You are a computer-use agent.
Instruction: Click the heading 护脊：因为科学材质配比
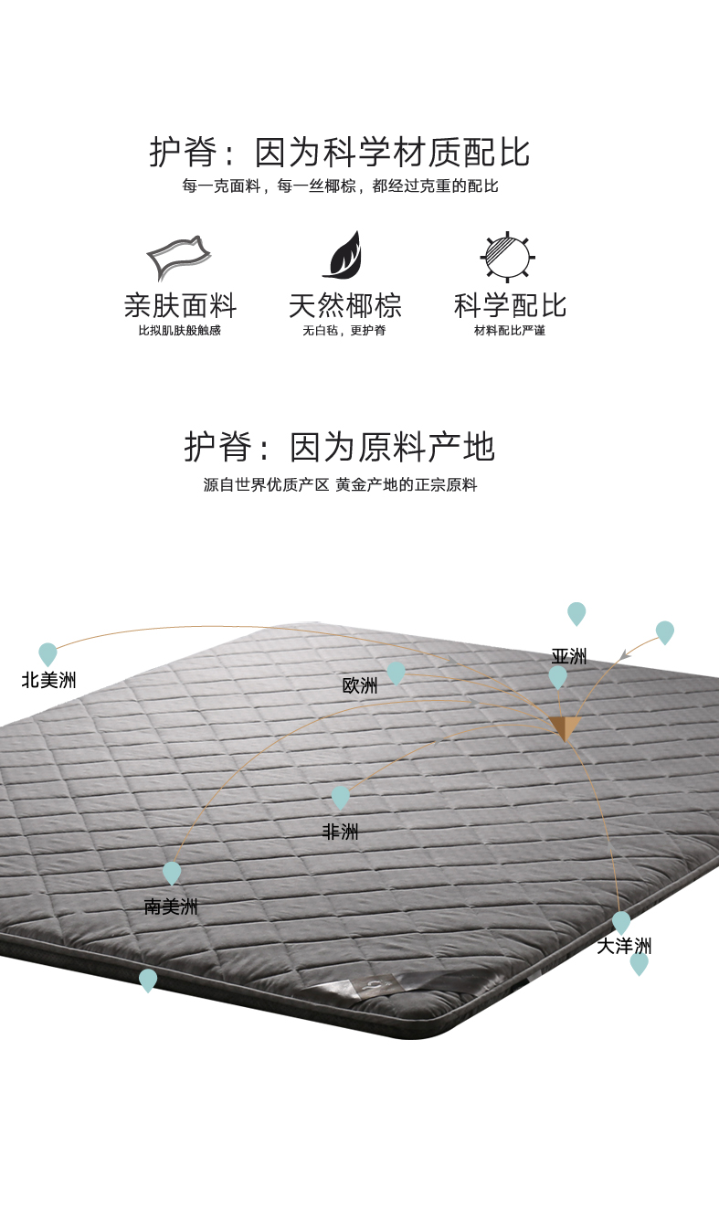pos(340,152)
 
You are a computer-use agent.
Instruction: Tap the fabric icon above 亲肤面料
pos(179,257)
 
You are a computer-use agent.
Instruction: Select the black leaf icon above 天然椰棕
pos(344,255)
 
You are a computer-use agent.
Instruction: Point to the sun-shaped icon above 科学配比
pos(508,256)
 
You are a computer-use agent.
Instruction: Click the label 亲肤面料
pos(180,305)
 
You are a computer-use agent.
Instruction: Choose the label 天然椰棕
pos(344,305)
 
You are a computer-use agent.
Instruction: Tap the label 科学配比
pos(510,305)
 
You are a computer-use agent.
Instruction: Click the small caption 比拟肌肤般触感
pos(180,330)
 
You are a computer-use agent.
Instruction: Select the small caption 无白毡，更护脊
pos(344,330)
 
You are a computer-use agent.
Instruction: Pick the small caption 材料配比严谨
pos(510,330)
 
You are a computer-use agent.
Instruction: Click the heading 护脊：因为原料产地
pos(340,448)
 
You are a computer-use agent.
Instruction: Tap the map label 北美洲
pos(48,680)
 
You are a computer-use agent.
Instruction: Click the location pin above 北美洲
pos(48,653)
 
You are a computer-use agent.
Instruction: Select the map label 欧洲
pos(360,685)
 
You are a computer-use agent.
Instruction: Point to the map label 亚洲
pos(568,656)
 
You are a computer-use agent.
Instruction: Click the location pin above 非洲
pos(341,797)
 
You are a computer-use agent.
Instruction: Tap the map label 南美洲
pos(171,907)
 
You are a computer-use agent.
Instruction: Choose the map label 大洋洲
pos(624,946)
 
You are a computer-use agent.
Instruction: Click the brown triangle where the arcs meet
pos(566,727)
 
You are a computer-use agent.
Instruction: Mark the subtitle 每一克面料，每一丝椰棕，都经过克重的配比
pos(340,186)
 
